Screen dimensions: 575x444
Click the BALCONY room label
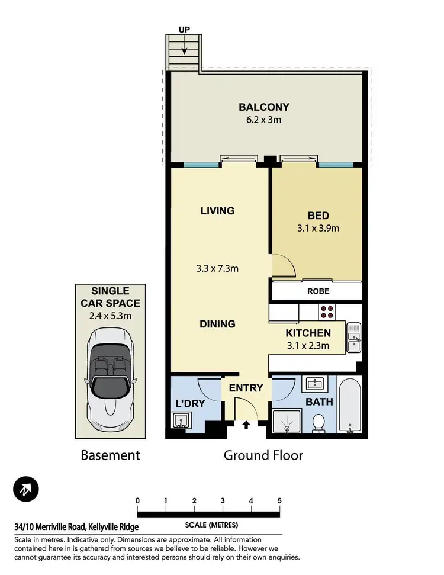click(x=263, y=107)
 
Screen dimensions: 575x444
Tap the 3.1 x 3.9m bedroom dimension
click(x=318, y=228)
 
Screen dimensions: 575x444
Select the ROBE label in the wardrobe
click(x=318, y=291)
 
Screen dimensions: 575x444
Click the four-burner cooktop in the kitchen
click(x=327, y=311)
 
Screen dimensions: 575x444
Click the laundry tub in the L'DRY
click(x=181, y=421)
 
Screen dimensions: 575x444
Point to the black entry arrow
click(x=246, y=424)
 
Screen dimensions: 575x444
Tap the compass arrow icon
click(x=27, y=489)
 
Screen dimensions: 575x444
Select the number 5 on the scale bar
click(x=279, y=500)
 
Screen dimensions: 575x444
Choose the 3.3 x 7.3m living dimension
click(x=218, y=268)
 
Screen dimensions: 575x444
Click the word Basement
click(x=110, y=455)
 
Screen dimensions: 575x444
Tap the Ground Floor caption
click(x=263, y=455)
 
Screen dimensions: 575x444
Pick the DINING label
click(x=217, y=324)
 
